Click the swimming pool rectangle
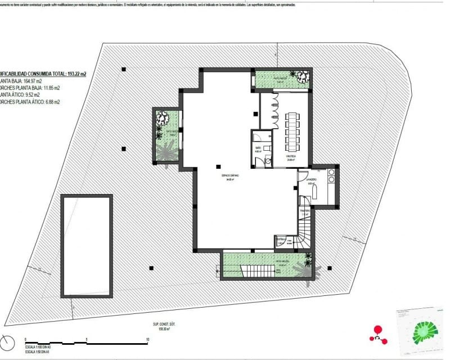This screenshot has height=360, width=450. coord(87,245)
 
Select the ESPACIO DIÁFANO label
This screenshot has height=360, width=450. coord(229,175)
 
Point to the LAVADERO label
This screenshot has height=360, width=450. coord(311,179)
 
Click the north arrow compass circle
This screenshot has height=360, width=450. coord(6,343)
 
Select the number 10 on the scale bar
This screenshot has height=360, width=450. coord(147,340)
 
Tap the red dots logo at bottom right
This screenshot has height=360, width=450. coord(378,334)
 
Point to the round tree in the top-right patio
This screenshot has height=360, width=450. coord(302,76)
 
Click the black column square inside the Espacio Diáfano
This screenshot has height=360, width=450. coord(219,166)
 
